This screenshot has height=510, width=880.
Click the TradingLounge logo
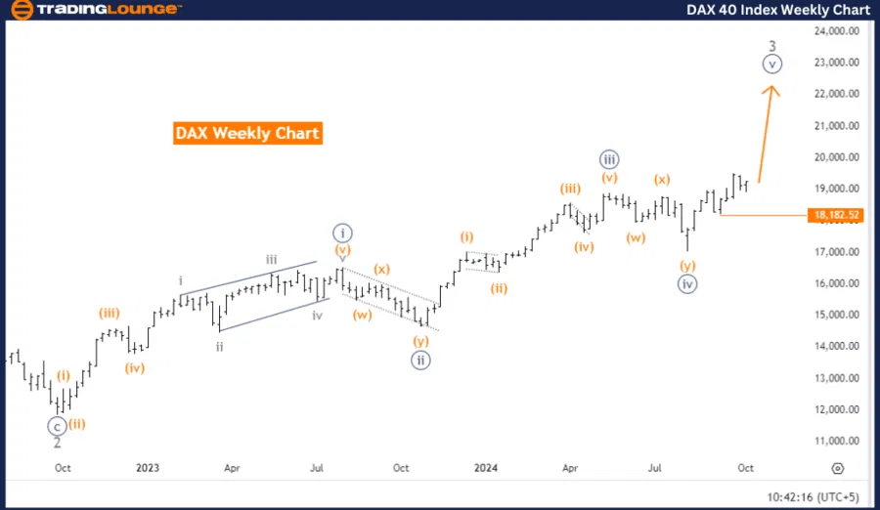tap(94, 10)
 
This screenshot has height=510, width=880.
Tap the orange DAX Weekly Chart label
tap(247, 133)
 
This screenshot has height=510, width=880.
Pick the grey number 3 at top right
tap(772, 46)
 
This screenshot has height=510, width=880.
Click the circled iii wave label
tap(608, 159)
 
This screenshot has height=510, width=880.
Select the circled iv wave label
tap(688, 284)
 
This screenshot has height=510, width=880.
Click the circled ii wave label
tap(420, 359)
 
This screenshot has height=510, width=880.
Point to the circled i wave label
tap(341, 232)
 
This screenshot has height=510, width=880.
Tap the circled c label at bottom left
tap(58, 425)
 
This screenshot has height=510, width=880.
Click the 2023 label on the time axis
tap(148, 468)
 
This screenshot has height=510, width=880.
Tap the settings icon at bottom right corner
tap(838, 468)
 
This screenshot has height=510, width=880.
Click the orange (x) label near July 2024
tap(662, 180)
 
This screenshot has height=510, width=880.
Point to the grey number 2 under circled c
tap(58, 443)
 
